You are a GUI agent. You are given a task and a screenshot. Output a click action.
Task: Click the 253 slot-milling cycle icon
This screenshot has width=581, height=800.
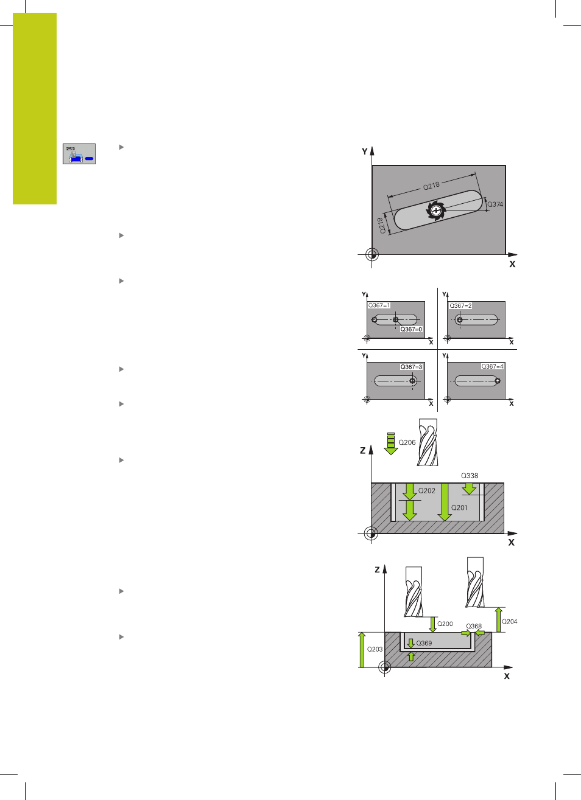[x=79, y=154]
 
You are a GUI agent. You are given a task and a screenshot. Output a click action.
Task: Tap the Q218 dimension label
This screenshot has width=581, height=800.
[x=431, y=186]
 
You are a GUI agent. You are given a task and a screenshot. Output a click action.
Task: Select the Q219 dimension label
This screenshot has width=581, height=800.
[x=382, y=226]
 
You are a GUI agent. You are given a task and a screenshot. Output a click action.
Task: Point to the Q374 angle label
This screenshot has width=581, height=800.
[x=495, y=204]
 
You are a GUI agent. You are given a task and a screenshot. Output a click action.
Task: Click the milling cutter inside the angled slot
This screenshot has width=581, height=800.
[x=436, y=210]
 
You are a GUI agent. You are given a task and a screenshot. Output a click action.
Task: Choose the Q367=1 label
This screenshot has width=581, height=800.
[x=379, y=305]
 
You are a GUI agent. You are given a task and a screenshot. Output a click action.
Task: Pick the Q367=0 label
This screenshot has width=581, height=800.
[x=411, y=329]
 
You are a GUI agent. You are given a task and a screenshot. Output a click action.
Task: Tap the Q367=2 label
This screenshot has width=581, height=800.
[x=460, y=306]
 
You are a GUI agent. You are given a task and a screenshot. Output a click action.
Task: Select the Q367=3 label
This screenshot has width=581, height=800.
[x=411, y=367]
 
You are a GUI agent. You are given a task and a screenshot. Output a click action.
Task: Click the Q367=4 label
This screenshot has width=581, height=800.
[x=492, y=366]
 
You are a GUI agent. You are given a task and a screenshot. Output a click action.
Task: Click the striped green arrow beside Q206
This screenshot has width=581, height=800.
[x=391, y=443]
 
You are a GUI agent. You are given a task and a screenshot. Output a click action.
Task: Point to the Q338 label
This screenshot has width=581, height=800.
[x=470, y=476]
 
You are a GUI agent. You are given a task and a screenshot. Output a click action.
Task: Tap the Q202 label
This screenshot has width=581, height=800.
[x=426, y=491]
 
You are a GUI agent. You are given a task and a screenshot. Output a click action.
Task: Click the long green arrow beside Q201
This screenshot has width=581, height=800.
[x=445, y=502]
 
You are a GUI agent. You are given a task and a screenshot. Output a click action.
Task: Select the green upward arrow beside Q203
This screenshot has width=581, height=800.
[x=362, y=650]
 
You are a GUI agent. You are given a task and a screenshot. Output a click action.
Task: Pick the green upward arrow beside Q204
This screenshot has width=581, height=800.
[x=498, y=620]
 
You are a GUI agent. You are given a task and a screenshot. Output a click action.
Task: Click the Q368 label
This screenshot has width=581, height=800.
[x=474, y=626]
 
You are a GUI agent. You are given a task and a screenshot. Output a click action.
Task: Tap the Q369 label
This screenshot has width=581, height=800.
[x=424, y=643]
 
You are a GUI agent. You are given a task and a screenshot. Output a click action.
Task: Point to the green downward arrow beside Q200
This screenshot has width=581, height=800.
[x=432, y=624]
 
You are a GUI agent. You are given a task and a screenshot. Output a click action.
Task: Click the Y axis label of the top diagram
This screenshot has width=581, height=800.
[x=364, y=151]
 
